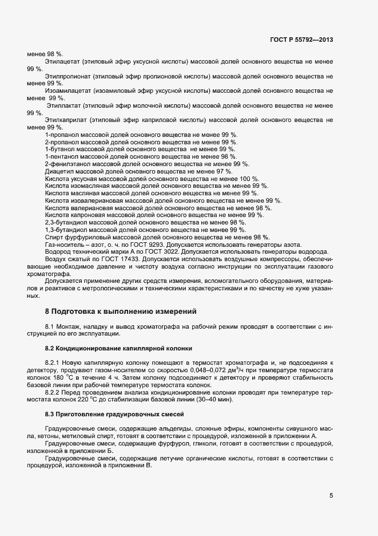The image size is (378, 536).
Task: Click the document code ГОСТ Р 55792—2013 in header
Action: [x=301, y=39]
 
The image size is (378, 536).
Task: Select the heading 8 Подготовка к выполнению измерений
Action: [x=121, y=312]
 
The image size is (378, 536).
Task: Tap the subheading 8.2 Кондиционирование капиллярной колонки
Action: [x=118, y=348]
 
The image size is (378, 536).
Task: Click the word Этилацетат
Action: [x=62, y=61]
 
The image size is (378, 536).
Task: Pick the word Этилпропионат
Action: [x=67, y=76]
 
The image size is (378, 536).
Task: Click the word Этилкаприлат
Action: [x=66, y=120]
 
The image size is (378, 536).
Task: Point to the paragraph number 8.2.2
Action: [x=54, y=392]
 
